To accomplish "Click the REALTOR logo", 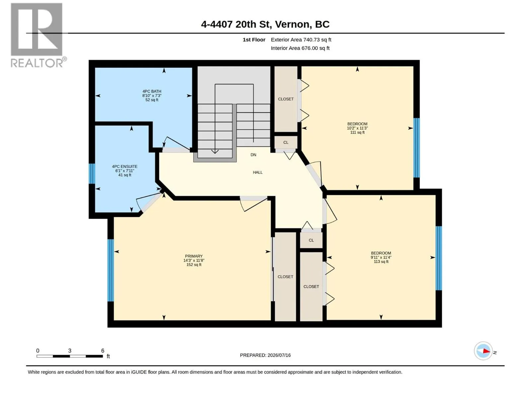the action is tap(38, 35).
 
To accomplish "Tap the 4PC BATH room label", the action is tap(152, 96).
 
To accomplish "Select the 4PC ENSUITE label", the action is tap(124, 170).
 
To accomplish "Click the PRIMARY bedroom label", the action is tap(194, 260).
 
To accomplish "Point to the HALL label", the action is tap(258, 172).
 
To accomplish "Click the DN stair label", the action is tap(253, 155).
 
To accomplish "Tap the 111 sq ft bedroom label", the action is tap(357, 128).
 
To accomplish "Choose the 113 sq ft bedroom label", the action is tap(381, 257).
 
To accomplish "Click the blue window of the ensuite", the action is tap(92, 173).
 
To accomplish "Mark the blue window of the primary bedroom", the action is tap(111, 270).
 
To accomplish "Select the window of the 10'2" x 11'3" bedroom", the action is tap(416, 148).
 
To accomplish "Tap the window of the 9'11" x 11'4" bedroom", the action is tap(439, 258).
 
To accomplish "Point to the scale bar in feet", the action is tap(70, 356).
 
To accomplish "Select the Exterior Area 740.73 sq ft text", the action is tap(301, 39).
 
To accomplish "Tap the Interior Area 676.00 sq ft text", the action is tap(300, 48).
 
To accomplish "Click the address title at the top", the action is tap(265, 24).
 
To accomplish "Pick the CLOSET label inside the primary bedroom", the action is tap(285, 277).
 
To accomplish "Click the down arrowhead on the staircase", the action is tap(215, 152).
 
